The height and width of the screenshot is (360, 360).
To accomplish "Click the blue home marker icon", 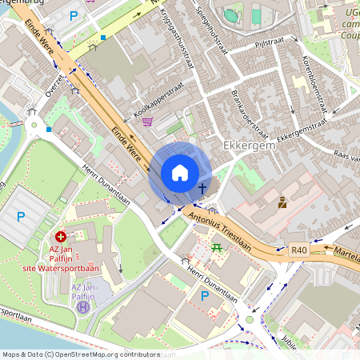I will (180, 173).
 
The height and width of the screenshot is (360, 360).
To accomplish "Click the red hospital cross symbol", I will (61, 237).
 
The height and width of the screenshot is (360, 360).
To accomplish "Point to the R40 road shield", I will (299, 250).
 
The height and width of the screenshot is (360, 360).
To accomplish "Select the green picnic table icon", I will (217, 248).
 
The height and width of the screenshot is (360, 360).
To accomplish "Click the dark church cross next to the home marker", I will (202, 189).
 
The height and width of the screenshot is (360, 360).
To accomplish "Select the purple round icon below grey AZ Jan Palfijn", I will (82, 306).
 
